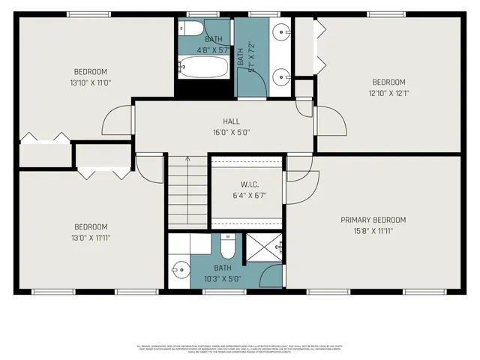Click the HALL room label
(231, 121)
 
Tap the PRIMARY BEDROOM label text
(373, 220)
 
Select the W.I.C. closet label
(249, 184)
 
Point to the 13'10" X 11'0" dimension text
(90, 82)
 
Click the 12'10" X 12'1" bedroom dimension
(388, 93)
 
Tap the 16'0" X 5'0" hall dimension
(231, 132)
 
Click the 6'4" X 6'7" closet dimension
(249, 196)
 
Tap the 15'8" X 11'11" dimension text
(373, 231)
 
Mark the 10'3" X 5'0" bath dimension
(223, 277)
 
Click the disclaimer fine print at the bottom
(239, 349)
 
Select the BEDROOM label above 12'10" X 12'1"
(388, 82)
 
